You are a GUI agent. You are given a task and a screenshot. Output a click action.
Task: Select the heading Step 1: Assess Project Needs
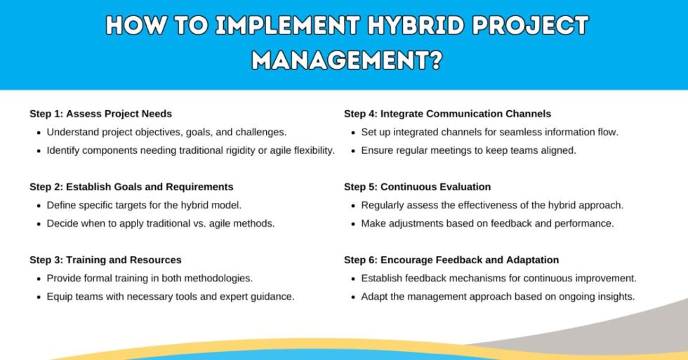click(100, 114)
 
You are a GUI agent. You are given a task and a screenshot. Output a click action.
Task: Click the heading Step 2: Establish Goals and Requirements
click(131, 187)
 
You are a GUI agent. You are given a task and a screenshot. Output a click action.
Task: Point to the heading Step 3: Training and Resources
click(105, 260)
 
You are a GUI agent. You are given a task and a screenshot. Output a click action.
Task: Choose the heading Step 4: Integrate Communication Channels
click(447, 114)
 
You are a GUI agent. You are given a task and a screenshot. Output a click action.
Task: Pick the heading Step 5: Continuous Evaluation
click(417, 187)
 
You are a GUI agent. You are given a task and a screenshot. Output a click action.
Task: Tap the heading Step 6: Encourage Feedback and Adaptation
click(451, 260)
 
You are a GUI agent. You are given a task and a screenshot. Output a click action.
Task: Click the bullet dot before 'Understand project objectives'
click(37, 133)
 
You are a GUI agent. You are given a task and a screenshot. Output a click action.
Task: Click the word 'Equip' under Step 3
click(60, 296)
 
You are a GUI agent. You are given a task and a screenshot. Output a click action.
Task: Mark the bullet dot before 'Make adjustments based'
click(352, 224)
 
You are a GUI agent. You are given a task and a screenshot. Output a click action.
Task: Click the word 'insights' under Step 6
click(614, 296)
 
